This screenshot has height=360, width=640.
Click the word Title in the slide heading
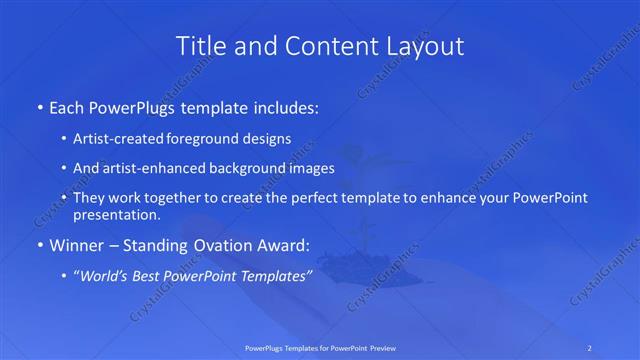point(200,46)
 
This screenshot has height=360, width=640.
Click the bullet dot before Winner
point(39,244)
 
